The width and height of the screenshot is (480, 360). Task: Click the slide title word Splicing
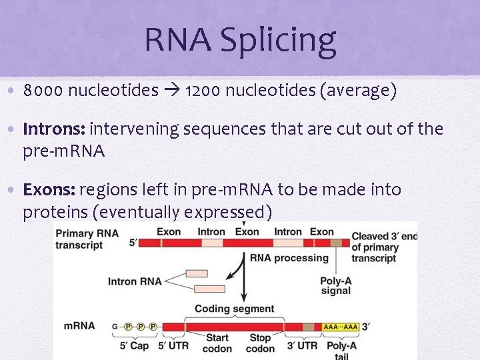[287, 41]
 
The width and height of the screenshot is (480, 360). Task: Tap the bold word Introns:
[54, 129]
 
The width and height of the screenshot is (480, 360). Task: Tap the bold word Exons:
[49, 190]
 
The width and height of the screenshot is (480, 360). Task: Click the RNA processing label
[289, 258]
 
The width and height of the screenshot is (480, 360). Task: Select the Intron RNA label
[135, 281]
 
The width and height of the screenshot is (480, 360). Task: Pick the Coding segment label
[234, 309]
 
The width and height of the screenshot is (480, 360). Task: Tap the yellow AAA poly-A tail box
[340, 327]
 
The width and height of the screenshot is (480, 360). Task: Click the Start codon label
[217, 343]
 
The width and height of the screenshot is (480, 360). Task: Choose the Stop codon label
[260, 343]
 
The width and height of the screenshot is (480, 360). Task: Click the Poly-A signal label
[336, 286]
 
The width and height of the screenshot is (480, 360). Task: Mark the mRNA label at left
[79, 326]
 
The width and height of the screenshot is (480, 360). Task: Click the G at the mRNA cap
[115, 327]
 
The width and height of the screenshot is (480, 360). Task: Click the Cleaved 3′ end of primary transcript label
[384, 247]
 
